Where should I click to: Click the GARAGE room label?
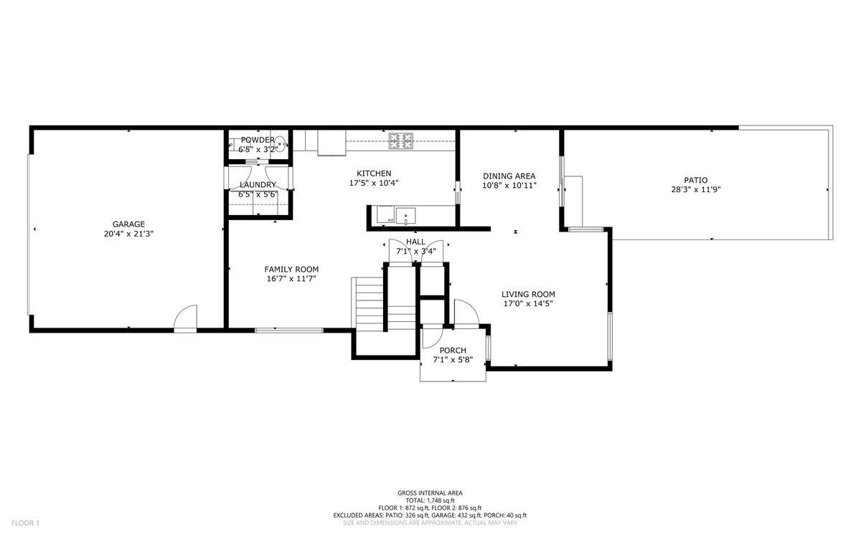[x=128, y=224]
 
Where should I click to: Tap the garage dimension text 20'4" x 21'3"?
[x=128, y=234]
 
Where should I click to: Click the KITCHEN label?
[x=374, y=174]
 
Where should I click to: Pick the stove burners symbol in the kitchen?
[x=401, y=141]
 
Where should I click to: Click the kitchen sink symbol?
[x=407, y=214]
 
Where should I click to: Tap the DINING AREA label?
[x=509, y=176]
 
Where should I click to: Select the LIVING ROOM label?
[x=528, y=294]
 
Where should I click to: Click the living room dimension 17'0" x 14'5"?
[x=528, y=303]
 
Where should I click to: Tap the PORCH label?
[x=453, y=351]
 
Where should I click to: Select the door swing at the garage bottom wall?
[x=186, y=318]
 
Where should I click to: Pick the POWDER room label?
[x=257, y=140]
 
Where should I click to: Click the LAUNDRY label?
[x=258, y=185]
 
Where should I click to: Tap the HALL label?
[x=415, y=242]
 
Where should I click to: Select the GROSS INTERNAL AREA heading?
[x=430, y=493]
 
